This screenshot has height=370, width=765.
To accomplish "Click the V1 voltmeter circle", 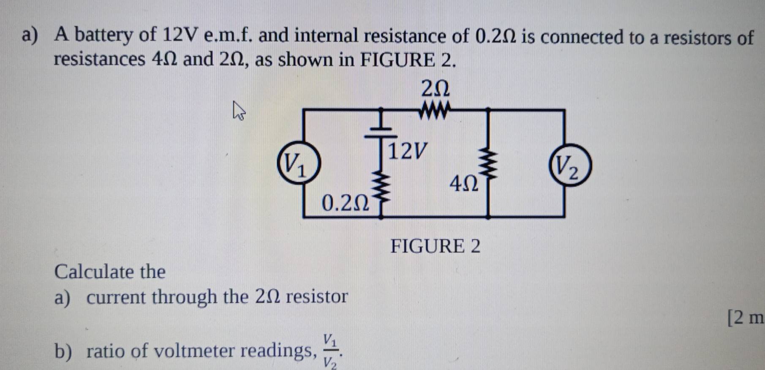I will (x=298, y=163).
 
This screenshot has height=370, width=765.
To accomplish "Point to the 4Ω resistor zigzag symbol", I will (x=488, y=165).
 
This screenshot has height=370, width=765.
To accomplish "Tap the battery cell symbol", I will (x=381, y=131).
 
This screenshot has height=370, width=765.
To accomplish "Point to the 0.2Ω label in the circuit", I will (x=345, y=203).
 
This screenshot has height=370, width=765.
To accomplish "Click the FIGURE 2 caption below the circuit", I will (x=435, y=246).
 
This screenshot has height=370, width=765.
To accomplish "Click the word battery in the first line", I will (x=103, y=35).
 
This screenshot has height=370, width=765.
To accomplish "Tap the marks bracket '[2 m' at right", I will (x=746, y=318).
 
